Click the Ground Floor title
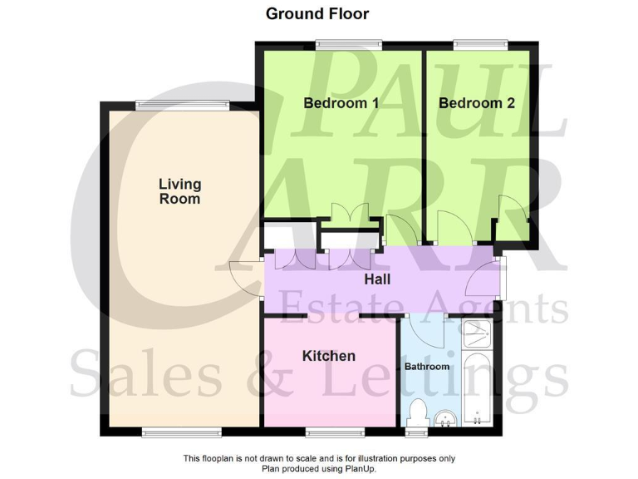click(x=317, y=13)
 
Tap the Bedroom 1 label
click(x=341, y=103)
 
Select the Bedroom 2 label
click(x=476, y=103)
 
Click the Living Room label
click(x=179, y=191)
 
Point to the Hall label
click(x=377, y=279)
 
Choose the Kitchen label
click(x=328, y=356)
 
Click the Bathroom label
click(x=427, y=366)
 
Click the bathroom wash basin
click(x=446, y=418)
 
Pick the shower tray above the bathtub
click(x=478, y=333)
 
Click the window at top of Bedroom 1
click(x=347, y=44)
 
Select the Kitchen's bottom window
click(x=334, y=432)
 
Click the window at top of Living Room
click(x=182, y=105)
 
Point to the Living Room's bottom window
click(x=181, y=432)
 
